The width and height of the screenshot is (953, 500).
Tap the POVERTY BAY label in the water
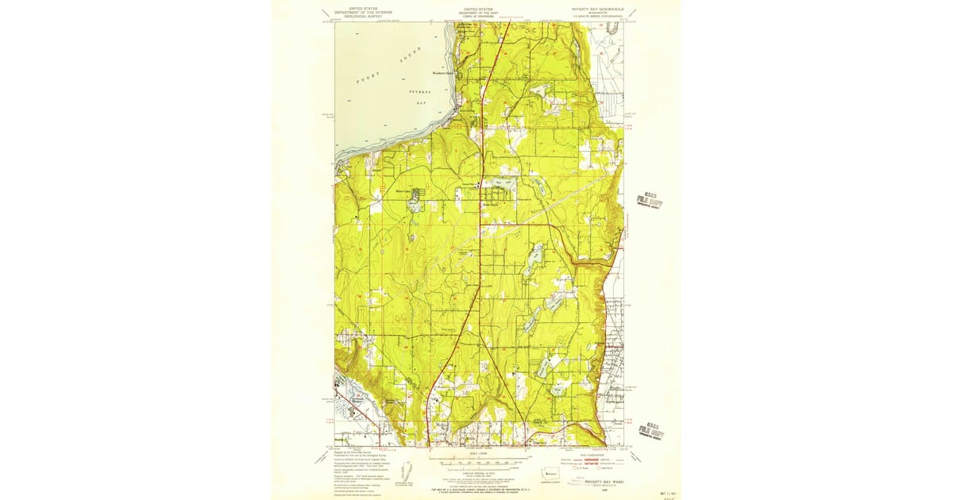(419, 97)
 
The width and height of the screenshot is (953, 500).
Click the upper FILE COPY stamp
(649, 199)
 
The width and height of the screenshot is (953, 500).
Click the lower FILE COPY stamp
(653, 430)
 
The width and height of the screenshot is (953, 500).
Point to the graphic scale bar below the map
(477, 460)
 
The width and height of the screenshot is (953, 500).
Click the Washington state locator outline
(550, 474)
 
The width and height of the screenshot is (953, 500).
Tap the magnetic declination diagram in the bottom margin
(405, 470)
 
